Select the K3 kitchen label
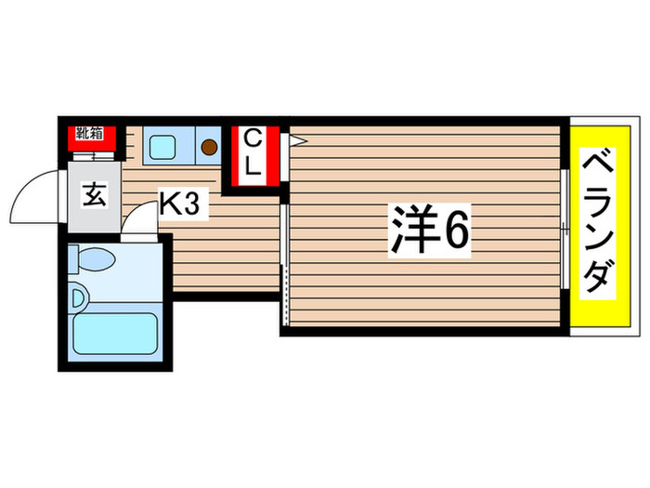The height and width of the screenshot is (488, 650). click(180, 204)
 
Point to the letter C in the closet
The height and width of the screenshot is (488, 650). click(251, 139)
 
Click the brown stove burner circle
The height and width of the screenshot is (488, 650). click(209, 147)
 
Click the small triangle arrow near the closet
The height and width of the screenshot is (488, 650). click(297, 141)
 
